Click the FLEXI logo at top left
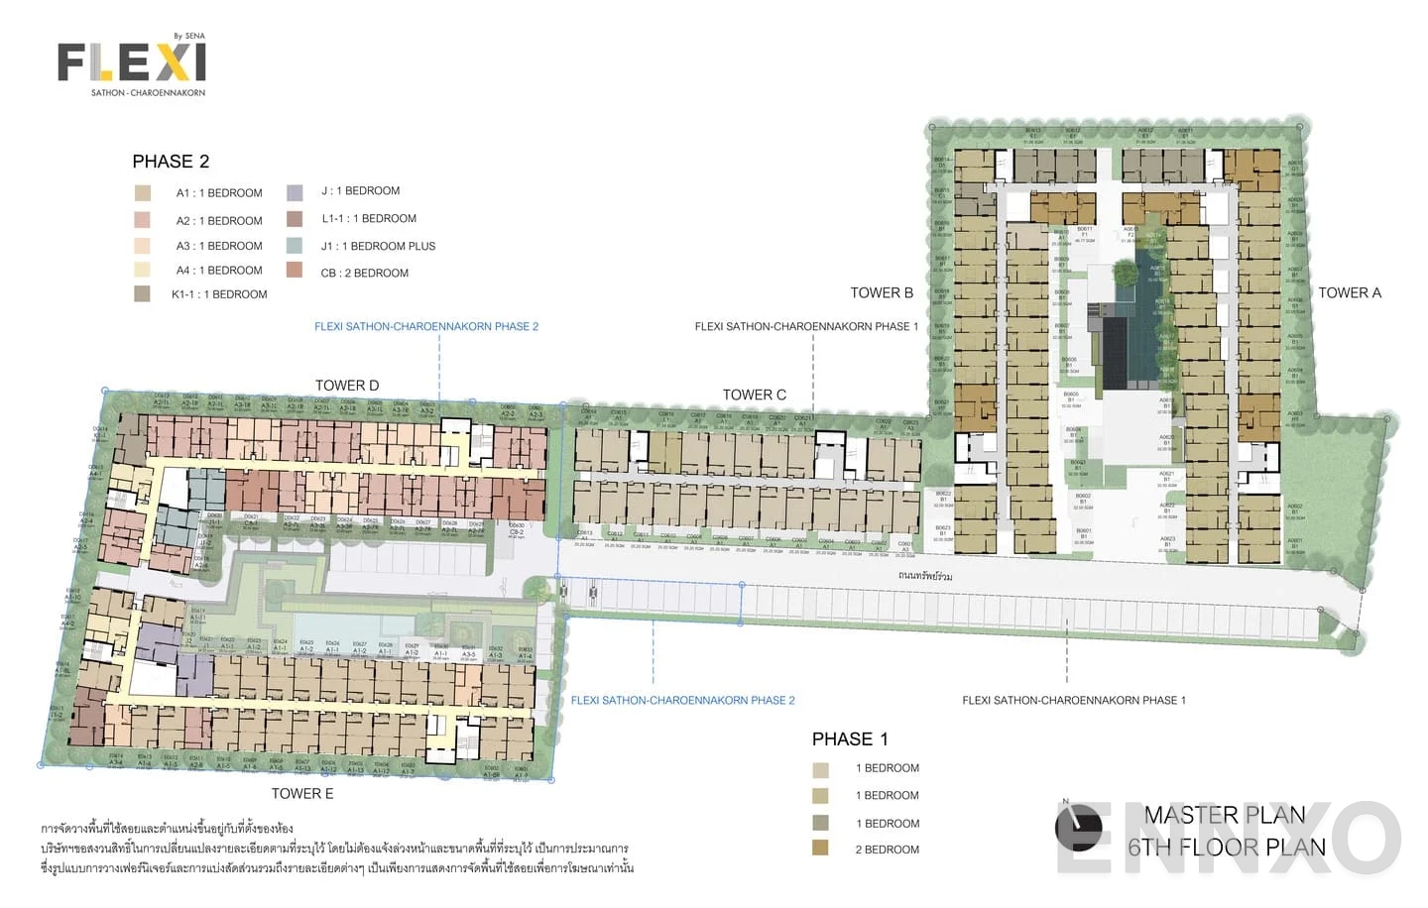click(132, 63)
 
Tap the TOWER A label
click(1349, 292)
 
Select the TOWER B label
click(881, 292)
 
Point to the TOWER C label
click(754, 395)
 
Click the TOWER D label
click(346, 386)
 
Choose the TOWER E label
click(302, 793)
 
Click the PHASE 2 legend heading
click(171, 162)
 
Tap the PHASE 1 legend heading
click(850, 738)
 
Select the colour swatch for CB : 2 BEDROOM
click(295, 270)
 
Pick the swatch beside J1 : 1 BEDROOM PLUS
click(295, 245)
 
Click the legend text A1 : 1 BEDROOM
click(219, 193)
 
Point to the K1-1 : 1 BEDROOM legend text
click(219, 294)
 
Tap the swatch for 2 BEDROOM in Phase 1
click(820, 848)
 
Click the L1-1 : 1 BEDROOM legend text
click(368, 219)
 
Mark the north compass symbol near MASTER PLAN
click(1078, 828)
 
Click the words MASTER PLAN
click(1224, 815)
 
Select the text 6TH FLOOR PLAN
click(1226, 848)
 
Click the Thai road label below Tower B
click(924, 575)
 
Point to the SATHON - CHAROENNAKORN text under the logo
click(148, 93)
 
